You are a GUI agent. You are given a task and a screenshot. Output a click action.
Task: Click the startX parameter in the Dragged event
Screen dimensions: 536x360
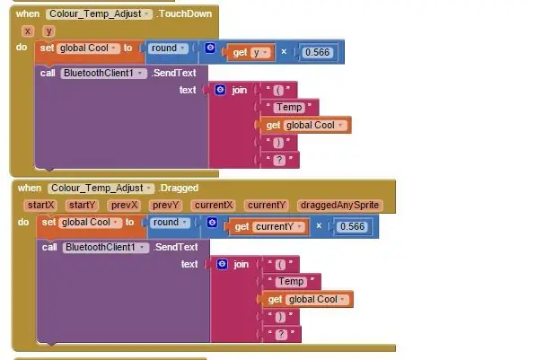tap(40, 205)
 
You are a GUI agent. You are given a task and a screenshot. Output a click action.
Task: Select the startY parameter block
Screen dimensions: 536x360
tap(82, 205)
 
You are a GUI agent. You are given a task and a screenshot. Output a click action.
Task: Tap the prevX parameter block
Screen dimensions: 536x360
tap(124, 205)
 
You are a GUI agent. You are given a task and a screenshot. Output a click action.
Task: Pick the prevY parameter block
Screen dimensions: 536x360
tap(165, 205)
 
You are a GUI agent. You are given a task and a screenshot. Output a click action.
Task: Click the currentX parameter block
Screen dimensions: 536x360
tap(214, 205)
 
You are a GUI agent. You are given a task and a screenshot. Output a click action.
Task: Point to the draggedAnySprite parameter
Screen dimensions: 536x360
tap(339, 205)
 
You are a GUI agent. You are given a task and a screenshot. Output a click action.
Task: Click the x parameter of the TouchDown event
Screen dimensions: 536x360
tap(28, 31)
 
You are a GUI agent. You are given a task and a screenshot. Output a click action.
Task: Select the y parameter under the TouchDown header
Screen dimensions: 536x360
tap(48, 31)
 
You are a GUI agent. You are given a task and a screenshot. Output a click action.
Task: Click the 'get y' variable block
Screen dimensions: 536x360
tap(250, 52)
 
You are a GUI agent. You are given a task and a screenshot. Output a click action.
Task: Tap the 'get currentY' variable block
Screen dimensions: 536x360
tap(268, 226)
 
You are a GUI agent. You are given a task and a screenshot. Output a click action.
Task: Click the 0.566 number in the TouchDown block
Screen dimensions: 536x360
tap(317, 52)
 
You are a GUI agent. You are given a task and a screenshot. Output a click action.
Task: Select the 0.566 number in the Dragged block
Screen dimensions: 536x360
tap(353, 226)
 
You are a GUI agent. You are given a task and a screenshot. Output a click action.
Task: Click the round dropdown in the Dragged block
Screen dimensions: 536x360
tap(170, 223)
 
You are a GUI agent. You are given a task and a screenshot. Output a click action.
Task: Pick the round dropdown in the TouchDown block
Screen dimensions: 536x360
tap(168, 48)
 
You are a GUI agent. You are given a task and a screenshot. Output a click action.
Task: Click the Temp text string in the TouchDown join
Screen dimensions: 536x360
tap(289, 108)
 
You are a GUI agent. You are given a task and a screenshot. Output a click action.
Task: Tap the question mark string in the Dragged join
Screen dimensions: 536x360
tap(281, 334)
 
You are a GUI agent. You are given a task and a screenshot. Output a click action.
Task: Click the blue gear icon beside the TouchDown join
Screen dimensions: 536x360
tap(220, 90)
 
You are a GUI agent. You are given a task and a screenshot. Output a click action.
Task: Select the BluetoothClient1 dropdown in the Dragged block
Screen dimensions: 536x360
tap(105, 248)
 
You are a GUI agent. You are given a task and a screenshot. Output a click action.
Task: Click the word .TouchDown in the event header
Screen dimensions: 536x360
tap(184, 13)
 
